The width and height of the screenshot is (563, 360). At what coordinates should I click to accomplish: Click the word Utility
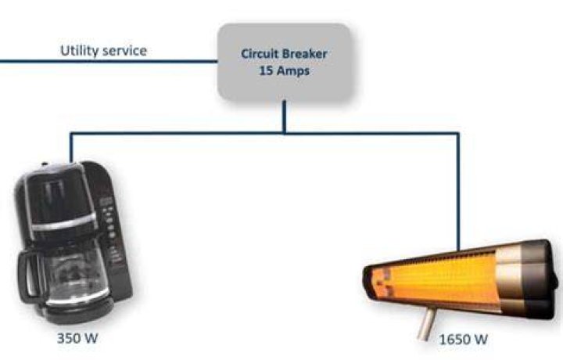[x=78, y=51]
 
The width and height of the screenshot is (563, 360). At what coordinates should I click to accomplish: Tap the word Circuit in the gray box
[x=260, y=54]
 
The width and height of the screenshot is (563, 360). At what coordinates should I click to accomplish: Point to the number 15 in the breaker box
[x=266, y=70]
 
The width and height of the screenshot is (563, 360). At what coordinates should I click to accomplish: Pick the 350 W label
[x=77, y=338]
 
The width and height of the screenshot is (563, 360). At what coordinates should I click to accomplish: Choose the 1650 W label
[x=464, y=340]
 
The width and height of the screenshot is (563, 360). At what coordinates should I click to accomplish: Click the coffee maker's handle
[x=27, y=276]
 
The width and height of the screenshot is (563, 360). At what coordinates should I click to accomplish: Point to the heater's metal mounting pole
[x=427, y=324]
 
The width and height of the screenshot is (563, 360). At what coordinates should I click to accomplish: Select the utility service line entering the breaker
[x=109, y=62]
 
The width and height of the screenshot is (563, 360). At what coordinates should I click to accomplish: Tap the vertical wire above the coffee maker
[x=71, y=148]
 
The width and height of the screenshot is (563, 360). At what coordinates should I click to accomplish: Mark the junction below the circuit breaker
[x=285, y=133]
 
